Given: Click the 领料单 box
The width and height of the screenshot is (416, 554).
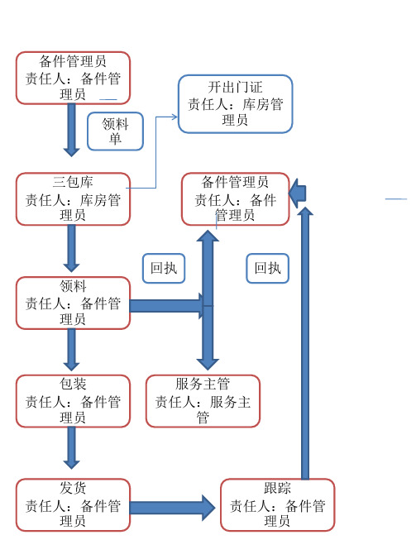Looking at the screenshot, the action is [115, 131].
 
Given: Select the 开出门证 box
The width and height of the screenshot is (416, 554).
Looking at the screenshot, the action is [236, 104].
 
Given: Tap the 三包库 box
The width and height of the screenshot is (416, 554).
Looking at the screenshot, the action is [73, 199].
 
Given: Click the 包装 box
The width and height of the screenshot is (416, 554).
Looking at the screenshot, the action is [73, 401].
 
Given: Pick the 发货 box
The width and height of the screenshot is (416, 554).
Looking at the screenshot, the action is [73, 505].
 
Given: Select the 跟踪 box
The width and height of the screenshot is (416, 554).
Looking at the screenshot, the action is [277, 505].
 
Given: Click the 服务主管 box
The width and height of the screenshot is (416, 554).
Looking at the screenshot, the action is [203, 401].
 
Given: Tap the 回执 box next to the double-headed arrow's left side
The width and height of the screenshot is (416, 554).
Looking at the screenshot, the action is [164, 268].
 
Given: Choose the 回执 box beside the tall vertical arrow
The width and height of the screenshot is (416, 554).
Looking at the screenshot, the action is [268, 268].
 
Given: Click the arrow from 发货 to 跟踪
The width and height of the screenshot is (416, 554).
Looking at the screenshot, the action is [173, 508].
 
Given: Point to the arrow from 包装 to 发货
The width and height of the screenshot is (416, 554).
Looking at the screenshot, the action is [71, 448].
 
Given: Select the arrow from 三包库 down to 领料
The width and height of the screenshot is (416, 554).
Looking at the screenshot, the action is [71, 248].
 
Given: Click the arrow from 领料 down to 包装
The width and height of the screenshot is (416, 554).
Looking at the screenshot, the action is [71, 350].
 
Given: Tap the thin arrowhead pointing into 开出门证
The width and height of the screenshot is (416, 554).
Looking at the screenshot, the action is [175, 117].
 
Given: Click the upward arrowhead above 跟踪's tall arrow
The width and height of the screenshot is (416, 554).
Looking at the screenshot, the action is [305, 212].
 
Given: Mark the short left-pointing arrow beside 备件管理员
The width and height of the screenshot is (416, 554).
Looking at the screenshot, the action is [297, 193].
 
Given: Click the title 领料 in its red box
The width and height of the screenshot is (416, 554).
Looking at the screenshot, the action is [73, 286].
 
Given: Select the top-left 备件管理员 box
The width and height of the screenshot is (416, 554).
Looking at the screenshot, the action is [73, 78].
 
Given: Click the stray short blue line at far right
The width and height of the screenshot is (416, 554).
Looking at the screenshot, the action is [396, 199].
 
